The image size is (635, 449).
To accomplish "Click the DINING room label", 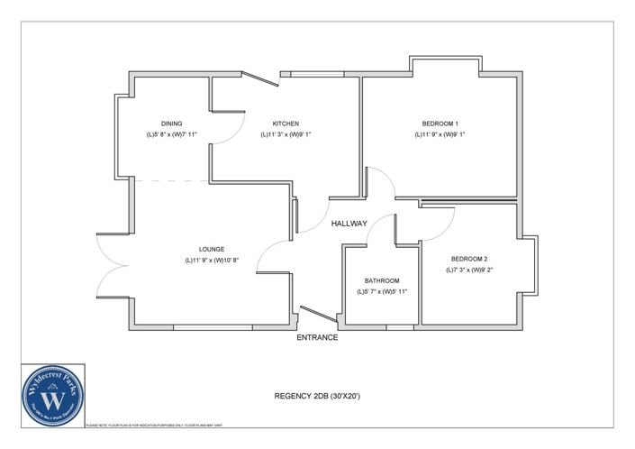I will [x=172, y=124].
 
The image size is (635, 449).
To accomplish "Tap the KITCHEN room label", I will [x=286, y=124].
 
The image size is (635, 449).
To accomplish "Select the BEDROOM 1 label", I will [x=440, y=124].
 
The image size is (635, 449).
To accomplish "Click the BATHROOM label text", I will [x=382, y=280].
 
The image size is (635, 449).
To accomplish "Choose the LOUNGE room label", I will [x=212, y=249].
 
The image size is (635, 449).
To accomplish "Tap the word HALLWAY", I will [x=349, y=224].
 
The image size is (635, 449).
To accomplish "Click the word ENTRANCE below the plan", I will [x=317, y=338].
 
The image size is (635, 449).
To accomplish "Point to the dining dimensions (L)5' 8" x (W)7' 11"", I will [x=172, y=134].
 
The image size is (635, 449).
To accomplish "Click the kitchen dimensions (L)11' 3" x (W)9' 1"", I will [x=286, y=134].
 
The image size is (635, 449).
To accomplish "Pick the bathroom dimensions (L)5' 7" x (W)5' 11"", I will [x=382, y=291].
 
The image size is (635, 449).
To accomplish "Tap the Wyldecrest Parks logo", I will [x=52, y=394].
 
